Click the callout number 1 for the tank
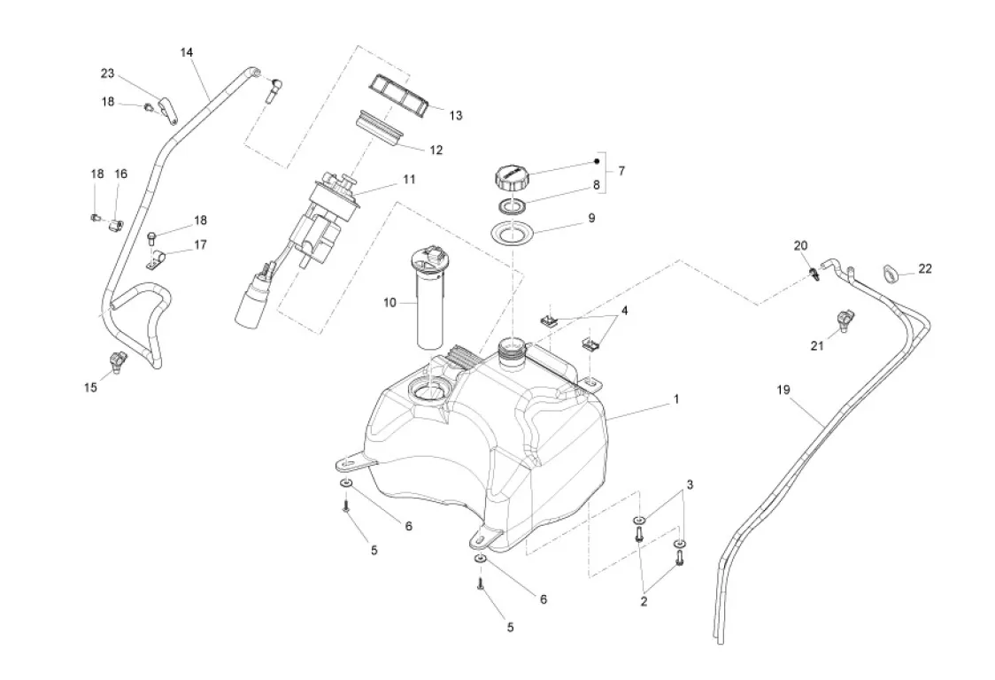pos(676,399)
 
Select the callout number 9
pos(590,218)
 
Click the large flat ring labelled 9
pos(513,235)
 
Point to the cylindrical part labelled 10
pos(429,301)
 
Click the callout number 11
pos(408,179)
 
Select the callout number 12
pos(436,150)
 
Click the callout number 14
pos(186,52)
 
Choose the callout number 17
pos(200,245)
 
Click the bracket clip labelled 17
pos(158,260)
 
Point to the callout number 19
pos(783,390)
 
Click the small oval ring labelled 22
pos(891,272)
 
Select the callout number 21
pos(817,345)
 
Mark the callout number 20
pos(800,245)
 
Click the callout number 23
pos(107,73)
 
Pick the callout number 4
pos(624,311)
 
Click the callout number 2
pos(644,601)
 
